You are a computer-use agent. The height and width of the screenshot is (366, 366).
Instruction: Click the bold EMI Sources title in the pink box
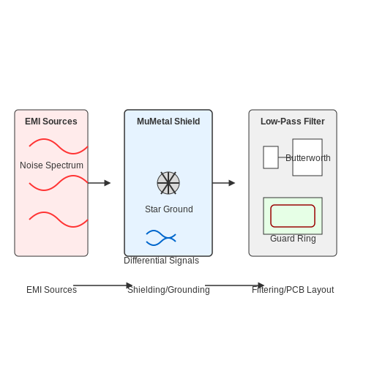pos(51,122)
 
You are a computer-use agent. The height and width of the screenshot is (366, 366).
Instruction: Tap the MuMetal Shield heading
pos(168,122)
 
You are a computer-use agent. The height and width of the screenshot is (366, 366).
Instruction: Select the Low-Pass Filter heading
pos(293,122)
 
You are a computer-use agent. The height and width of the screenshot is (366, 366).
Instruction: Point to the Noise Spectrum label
pos(51,165)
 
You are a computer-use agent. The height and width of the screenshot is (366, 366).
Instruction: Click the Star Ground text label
pos(169,209)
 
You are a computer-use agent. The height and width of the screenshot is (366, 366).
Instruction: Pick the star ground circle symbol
pos(168,183)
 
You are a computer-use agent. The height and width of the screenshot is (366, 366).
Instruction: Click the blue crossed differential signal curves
pos(161,238)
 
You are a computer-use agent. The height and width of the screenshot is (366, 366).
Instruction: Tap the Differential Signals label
pos(162,261)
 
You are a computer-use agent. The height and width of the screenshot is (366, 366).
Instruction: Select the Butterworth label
pos(308,158)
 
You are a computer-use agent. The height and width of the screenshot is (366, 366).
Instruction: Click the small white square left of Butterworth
pos(271,157)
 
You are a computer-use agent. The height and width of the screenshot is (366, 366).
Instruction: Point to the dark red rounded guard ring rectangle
pos(293,205)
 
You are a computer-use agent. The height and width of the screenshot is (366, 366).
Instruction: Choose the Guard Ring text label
pos(293,239)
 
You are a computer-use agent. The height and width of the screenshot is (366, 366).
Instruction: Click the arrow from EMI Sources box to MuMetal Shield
pos(99,183)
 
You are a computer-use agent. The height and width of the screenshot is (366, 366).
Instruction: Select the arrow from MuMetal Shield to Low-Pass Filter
pos(223,183)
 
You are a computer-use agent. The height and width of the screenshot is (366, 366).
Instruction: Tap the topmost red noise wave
pos(59,146)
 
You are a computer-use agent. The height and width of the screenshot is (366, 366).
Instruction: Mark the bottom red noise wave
pos(59,220)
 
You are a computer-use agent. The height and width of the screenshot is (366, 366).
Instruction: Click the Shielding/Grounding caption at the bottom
pos(168,290)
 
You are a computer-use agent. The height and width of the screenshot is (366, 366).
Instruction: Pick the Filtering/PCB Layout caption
pos(293,290)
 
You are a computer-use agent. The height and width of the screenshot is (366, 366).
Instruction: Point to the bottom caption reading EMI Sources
pos(51,290)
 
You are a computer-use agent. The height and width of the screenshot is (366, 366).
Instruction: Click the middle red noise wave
pos(59,183)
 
